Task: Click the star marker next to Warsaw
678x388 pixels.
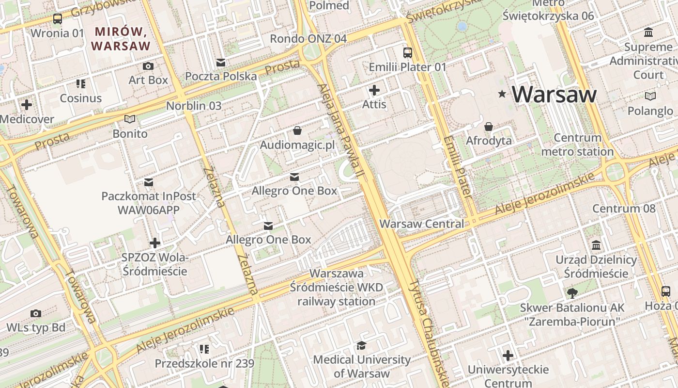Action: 502,94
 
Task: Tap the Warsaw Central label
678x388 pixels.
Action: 421,224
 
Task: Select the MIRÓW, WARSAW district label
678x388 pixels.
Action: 121,39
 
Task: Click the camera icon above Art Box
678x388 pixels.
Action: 148,66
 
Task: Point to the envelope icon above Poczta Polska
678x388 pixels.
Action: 221,62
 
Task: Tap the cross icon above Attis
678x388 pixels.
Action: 374,90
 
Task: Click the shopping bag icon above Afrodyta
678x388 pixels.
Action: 489,127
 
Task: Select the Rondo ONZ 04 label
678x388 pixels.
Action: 308,38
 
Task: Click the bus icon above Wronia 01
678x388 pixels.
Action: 58,19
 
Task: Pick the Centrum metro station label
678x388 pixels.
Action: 577,145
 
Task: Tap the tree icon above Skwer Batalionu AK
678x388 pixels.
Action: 572,293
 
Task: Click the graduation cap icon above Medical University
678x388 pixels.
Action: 361,345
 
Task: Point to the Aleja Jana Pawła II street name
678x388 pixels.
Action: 341,131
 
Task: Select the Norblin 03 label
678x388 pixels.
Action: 194,106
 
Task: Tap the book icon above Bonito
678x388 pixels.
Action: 130,119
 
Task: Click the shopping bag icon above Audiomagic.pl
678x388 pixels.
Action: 297,130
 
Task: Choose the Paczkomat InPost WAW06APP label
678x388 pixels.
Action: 148,203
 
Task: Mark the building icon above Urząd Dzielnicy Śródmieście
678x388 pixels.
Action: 596,245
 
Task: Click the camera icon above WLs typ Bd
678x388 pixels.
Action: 36,313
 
